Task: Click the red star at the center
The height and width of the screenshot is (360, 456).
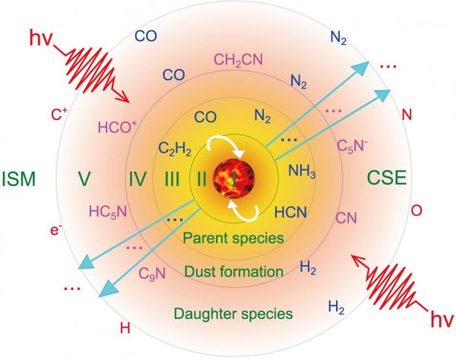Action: tap(234, 178)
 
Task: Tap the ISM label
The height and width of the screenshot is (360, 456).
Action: tap(19, 179)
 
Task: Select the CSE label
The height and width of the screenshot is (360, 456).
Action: tap(387, 178)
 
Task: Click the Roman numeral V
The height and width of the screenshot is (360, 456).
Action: tap(84, 179)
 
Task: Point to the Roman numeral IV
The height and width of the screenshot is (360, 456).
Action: tap(138, 179)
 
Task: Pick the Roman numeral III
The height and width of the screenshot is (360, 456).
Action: tap(172, 179)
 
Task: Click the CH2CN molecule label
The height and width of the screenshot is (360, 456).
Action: tap(238, 60)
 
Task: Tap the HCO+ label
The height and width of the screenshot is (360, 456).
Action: tap(118, 127)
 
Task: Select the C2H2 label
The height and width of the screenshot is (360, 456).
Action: tap(175, 149)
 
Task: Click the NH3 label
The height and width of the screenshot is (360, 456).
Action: tap(302, 171)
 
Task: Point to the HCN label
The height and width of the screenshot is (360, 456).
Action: tap(290, 212)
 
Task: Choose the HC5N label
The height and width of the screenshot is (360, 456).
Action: tap(108, 212)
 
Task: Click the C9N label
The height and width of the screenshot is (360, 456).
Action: tap(152, 273)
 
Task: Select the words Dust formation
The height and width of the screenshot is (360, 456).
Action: tap(234, 272)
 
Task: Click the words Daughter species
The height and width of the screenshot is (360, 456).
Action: tap(233, 314)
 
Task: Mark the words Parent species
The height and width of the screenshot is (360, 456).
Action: tap(233, 238)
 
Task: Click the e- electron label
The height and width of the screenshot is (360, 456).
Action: tap(56, 229)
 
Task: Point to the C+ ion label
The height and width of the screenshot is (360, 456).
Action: tap(59, 115)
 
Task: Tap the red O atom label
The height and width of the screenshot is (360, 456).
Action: tap(416, 210)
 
